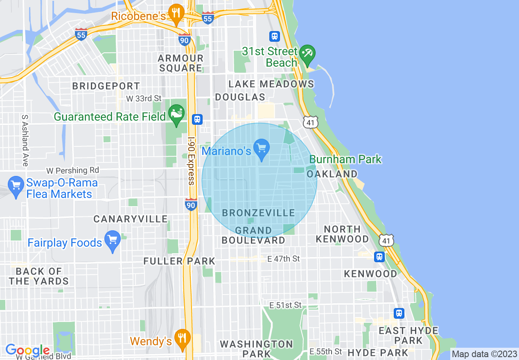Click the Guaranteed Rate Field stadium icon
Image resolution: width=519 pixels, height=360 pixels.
(176, 114)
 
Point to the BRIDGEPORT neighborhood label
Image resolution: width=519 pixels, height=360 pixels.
(106, 86)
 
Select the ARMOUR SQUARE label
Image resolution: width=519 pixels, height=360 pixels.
(181, 63)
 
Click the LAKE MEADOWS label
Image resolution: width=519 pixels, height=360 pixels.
(271, 84)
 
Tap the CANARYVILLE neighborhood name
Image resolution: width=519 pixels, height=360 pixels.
(131, 219)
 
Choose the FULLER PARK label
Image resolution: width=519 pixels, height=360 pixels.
(179, 261)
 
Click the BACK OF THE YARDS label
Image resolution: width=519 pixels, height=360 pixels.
(39, 276)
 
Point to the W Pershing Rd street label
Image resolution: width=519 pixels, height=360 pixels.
(72, 170)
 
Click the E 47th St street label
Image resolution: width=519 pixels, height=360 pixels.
(283, 259)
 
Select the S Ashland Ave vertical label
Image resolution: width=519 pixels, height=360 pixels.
(25, 140)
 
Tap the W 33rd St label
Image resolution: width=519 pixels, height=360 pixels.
(144, 99)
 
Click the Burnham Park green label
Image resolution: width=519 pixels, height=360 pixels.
(345, 159)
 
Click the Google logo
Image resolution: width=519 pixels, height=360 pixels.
(27, 350)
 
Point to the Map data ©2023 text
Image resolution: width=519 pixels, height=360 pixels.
(483, 354)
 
